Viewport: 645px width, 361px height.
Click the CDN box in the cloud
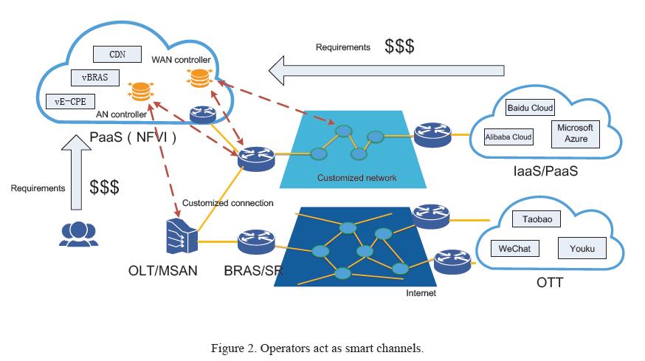pos(117,54)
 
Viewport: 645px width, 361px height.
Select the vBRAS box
pos(95,76)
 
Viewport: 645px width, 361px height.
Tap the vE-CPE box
pos(69,101)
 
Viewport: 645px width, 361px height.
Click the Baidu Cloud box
pos(530,108)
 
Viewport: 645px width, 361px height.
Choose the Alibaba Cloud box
pos(508,137)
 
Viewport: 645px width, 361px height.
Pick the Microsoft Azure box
pos(575,133)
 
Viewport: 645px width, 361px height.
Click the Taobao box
pos(542,219)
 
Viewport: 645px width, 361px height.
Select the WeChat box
pos(514,249)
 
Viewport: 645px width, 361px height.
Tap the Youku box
pos(582,249)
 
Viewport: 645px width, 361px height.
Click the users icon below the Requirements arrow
pos(77,234)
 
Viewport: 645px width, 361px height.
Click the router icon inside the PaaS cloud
pos(202,114)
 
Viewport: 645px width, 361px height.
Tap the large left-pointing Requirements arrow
pos(387,71)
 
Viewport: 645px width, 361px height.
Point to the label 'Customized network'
pos(356,178)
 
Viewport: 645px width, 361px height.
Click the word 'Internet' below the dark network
pos(421,293)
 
